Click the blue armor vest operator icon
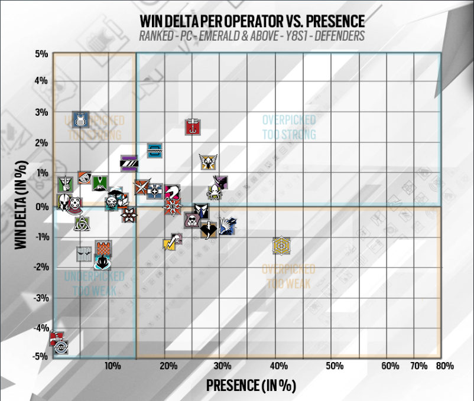81,119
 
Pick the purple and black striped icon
129,162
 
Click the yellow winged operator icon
207,161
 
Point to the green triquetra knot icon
82,223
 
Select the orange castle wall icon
104,247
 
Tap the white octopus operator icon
214,192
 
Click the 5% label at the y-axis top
41,54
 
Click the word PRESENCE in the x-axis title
233,386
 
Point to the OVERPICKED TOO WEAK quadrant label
288,276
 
